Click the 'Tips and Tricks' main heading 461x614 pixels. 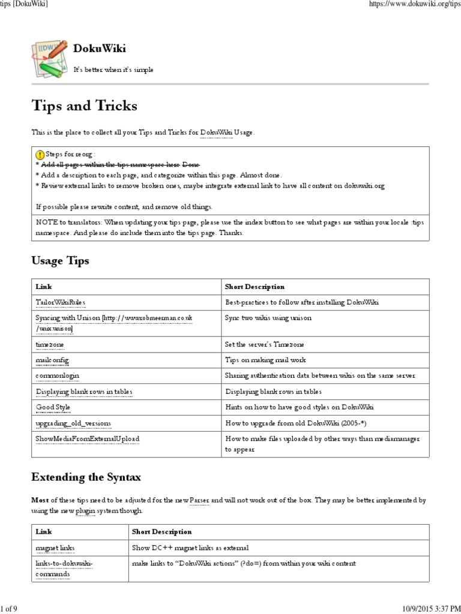pos(84,106)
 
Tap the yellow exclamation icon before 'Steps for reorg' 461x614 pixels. pos(40,153)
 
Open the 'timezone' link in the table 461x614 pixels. pos(50,344)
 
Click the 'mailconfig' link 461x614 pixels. pos(52,360)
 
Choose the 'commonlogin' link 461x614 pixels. pos(58,375)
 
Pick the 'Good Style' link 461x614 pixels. pos(53,407)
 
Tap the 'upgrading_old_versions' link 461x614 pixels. pos(73,423)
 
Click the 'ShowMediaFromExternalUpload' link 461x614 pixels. pos(87,439)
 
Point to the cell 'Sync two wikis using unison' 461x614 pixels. pos(268,318)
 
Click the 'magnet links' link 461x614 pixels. pos(56,547)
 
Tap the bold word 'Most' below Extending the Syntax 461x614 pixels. pos(40,500)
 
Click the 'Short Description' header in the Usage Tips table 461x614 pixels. pos(255,287)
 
